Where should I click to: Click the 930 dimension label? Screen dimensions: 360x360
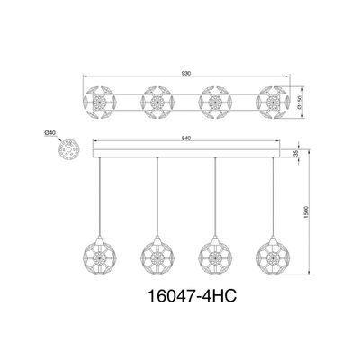point(186,73)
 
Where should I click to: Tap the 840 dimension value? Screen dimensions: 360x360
point(186,138)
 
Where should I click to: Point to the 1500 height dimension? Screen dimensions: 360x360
point(306,212)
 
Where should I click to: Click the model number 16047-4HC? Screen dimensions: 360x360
point(193,295)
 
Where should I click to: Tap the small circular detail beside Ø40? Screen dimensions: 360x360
point(68,148)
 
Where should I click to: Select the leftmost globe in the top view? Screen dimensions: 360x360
point(99,103)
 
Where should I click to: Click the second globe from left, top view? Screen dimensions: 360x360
point(157,103)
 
